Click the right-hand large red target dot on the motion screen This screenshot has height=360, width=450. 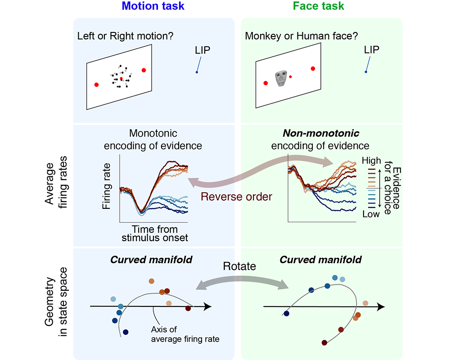[x=144, y=70]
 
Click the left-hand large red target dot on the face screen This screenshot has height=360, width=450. [x=265, y=83]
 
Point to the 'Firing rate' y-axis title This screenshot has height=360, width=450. [x=107, y=187]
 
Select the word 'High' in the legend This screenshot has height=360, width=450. [x=371, y=160]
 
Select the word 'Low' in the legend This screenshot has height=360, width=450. [x=371, y=214]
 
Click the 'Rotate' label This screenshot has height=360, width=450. [x=239, y=266]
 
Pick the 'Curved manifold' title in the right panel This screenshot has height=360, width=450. [x=320, y=260]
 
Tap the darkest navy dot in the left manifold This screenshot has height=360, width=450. [x=126, y=332]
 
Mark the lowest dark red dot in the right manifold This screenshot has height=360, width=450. [x=324, y=343]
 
